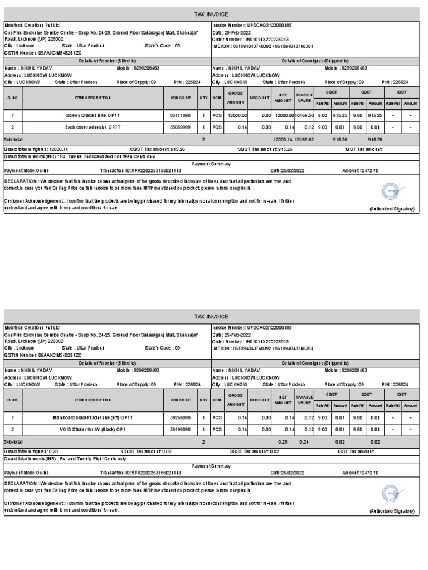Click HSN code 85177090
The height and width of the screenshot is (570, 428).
180,115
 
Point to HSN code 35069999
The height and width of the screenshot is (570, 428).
180,127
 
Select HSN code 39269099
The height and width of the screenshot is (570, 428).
180,417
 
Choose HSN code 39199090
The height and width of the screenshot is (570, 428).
180,429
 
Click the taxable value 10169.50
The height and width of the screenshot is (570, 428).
304,115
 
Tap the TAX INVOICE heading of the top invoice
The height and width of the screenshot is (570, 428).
211,14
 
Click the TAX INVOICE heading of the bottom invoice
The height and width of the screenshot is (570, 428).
211,316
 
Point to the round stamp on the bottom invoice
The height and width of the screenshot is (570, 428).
391,494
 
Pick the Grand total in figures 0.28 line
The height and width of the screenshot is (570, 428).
31,451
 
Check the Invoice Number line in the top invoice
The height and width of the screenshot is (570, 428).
252,26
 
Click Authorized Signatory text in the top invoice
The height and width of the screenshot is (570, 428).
392,209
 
